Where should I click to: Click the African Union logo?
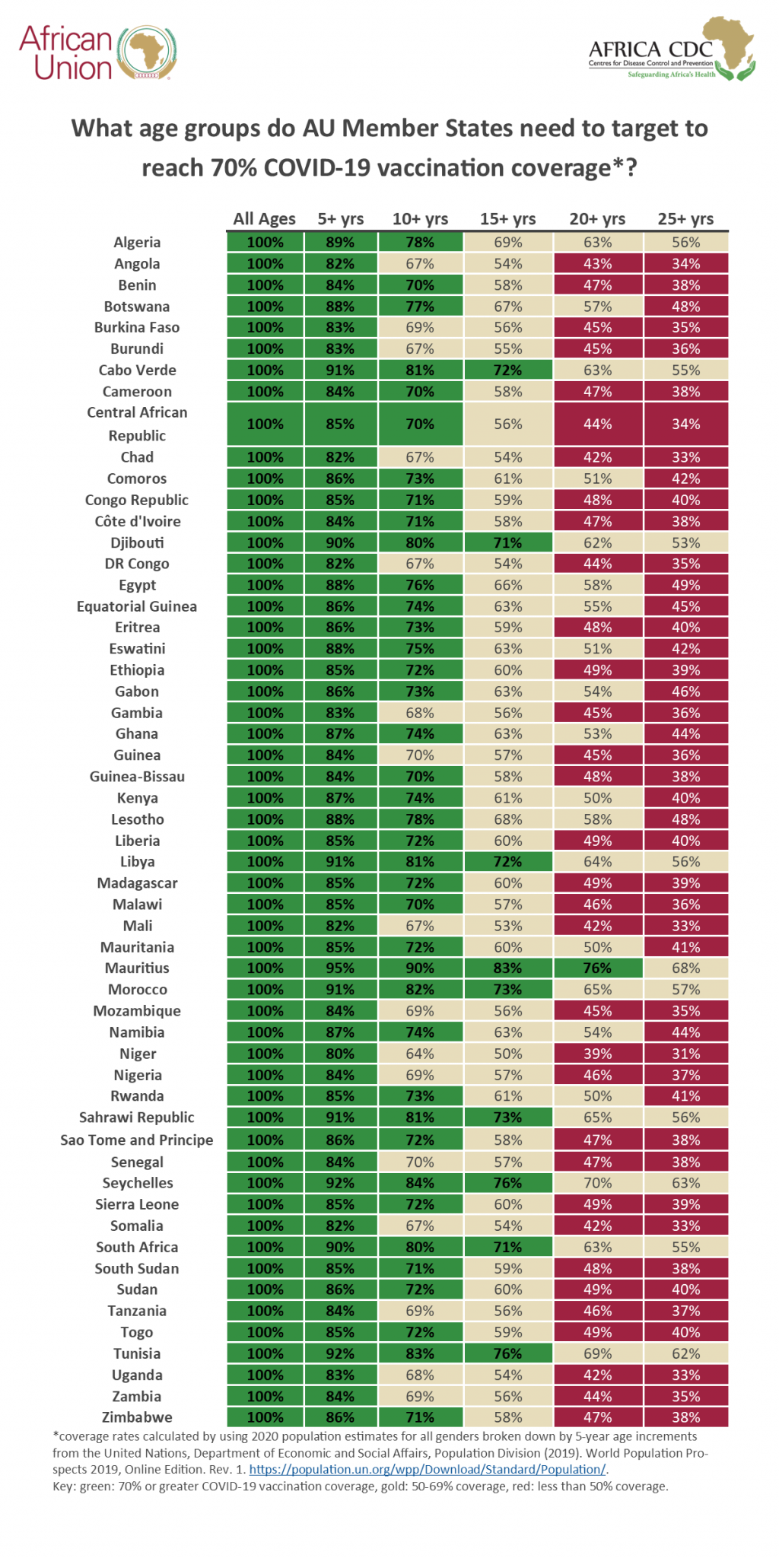click(99, 53)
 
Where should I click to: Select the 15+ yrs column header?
click(507, 219)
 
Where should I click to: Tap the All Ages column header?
click(264, 219)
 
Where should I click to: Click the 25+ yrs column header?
click(685, 219)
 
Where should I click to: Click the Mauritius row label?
click(137, 968)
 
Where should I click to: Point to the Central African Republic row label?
click(137, 424)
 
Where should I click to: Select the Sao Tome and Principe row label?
click(137, 1140)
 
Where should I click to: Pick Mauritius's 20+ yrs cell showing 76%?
click(597, 968)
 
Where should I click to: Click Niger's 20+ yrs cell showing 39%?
click(597, 1054)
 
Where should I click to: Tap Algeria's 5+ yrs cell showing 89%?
click(340, 243)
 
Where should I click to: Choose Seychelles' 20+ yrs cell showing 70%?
click(597, 1183)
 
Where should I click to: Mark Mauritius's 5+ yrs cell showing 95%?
click(340, 968)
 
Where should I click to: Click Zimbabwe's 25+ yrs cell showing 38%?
click(685, 1417)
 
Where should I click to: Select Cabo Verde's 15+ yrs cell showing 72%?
click(507, 370)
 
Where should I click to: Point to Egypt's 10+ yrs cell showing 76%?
click(420, 585)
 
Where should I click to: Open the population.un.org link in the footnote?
click(427, 1469)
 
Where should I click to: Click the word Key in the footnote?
click(63, 1486)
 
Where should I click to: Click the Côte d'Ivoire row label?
click(138, 521)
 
